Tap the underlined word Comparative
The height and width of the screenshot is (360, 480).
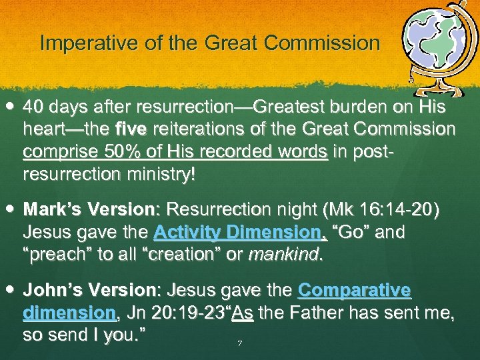coord(354,291)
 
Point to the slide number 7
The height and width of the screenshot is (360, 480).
coord(239,344)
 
